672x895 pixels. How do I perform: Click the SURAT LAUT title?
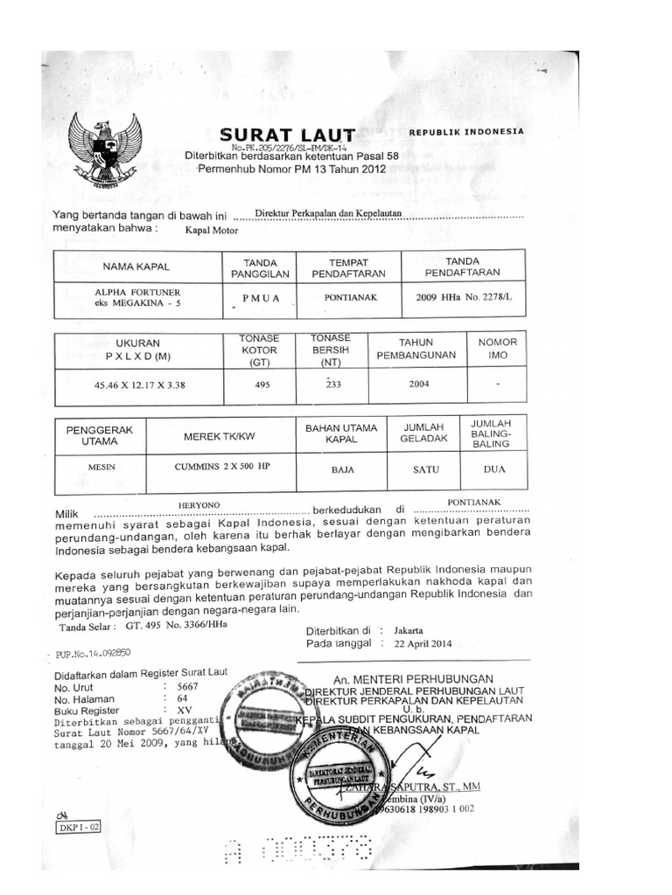coord(287,135)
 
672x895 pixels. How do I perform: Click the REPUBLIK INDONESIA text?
coord(466,131)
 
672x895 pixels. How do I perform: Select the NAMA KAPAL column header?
coord(136,266)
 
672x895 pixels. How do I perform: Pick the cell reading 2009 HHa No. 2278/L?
coord(463,297)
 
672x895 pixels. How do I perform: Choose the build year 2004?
coord(418,383)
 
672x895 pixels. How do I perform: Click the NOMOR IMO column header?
coord(497,349)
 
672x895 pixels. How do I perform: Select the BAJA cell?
coord(342,469)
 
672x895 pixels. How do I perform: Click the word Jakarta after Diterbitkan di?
coord(409,629)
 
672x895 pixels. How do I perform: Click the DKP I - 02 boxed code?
coord(80,825)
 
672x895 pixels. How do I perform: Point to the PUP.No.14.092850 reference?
coord(93,651)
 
